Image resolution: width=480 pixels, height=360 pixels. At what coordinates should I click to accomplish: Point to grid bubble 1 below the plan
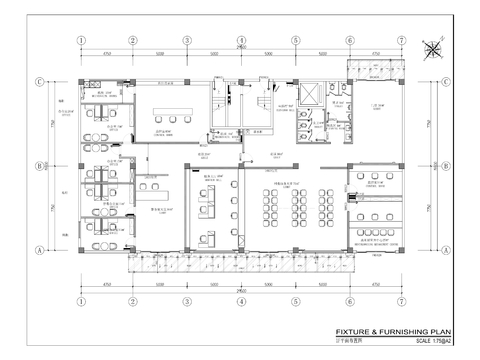click(78, 297)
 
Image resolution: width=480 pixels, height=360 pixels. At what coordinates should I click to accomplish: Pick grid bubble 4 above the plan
click(241, 42)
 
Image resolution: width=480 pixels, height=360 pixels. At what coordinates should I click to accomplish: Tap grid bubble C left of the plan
click(39, 83)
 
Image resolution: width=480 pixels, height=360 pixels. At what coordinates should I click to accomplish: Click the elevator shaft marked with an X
click(311, 91)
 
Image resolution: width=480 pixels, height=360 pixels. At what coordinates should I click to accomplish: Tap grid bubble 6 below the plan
click(349, 297)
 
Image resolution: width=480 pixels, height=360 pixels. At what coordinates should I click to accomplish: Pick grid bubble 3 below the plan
click(187, 297)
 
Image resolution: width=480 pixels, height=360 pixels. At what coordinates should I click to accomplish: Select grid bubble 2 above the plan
click(132, 42)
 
